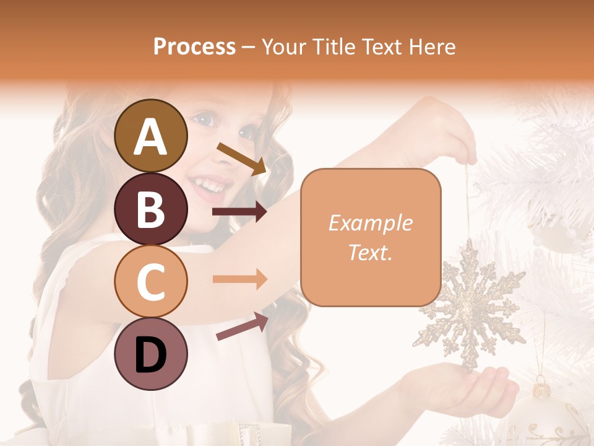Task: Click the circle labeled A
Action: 151,136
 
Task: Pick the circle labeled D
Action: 151,354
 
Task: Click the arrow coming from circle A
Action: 242,158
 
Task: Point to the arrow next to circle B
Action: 240,212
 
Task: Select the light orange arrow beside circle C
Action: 240,279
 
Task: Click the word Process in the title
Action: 194,46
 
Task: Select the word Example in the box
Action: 371,223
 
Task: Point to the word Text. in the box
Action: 371,252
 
